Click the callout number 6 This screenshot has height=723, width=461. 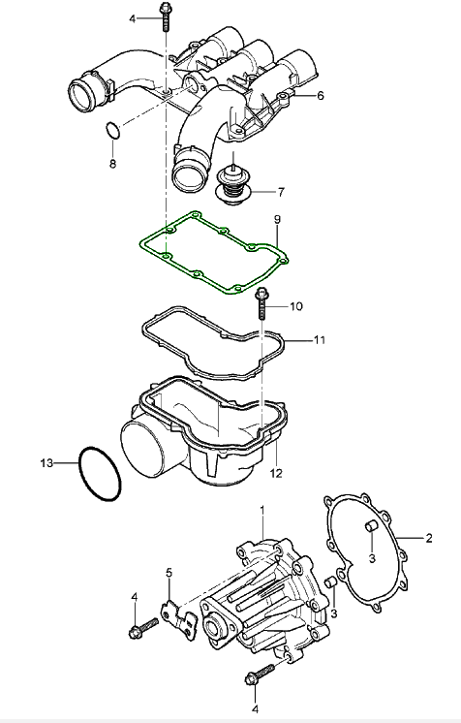pyautogui.click(x=321, y=96)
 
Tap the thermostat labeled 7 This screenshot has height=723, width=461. pyautogui.click(x=234, y=186)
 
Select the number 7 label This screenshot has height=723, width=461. pyautogui.click(x=281, y=192)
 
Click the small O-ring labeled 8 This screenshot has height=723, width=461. pyautogui.click(x=113, y=131)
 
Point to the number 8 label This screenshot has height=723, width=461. pyautogui.click(x=113, y=163)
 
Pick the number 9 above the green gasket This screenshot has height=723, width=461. pyautogui.click(x=277, y=219)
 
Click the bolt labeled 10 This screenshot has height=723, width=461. pyautogui.click(x=261, y=303)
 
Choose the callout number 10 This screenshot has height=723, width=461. pyautogui.click(x=296, y=306)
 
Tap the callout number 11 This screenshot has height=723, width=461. pyautogui.click(x=320, y=340)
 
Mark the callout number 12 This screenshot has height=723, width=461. pyautogui.click(x=276, y=474)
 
